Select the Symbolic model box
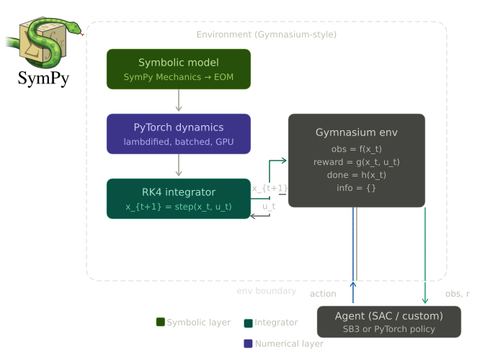point(179,69)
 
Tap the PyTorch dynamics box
point(179,134)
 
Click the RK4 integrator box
point(179,199)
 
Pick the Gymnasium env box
point(357,160)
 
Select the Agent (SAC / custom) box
point(389,322)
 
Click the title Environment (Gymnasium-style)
point(266,35)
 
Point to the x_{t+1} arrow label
point(269,189)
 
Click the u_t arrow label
point(269,206)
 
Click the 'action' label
point(323,294)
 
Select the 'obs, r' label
point(458,294)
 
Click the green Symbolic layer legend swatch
point(161,322)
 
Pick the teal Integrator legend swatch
point(249,323)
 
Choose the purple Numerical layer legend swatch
point(249,343)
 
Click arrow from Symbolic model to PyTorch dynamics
point(179,101)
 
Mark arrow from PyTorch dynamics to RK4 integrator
point(179,166)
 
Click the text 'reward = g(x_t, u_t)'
point(357,162)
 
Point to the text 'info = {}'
point(357,188)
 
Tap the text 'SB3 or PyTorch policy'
point(389,329)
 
